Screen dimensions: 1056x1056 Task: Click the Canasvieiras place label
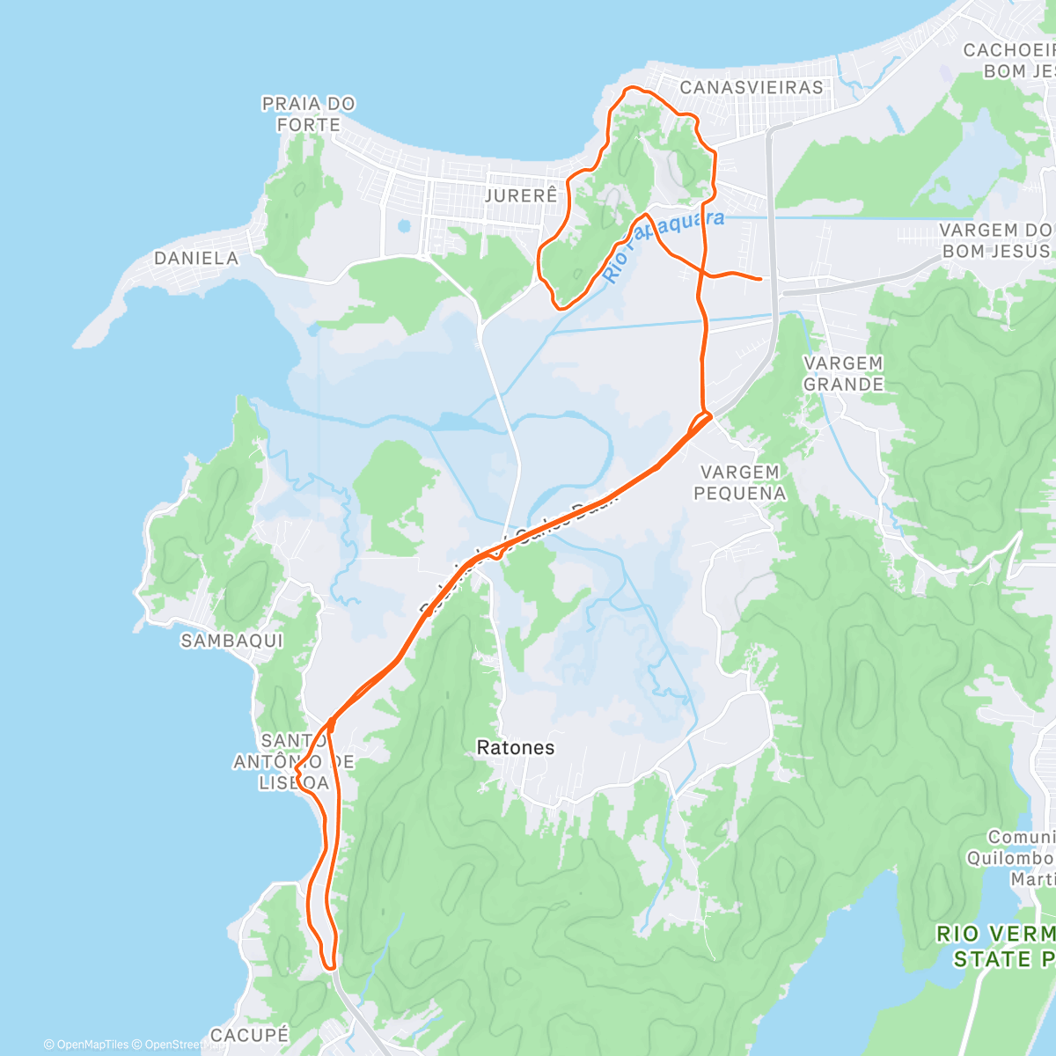[x=752, y=87]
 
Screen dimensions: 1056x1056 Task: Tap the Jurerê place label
[x=521, y=194]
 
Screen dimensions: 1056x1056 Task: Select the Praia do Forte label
[x=308, y=114]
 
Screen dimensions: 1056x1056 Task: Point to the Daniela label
[x=196, y=258]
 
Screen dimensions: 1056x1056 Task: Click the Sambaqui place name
[x=232, y=641]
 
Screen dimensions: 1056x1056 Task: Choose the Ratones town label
[x=515, y=748]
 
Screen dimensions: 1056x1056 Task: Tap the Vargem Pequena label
[x=739, y=482]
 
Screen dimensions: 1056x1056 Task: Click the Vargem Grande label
[x=843, y=373]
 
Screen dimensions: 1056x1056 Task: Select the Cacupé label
[x=249, y=1035]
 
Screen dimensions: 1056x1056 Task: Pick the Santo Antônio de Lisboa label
[x=293, y=761]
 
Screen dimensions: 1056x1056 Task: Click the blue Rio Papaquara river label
[x=665, y=244]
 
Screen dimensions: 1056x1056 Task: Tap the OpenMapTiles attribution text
[x=85, y=1045]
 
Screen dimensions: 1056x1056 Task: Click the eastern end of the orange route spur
[x=760, y=279]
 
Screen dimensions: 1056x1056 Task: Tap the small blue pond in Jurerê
[x=404, y=225]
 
